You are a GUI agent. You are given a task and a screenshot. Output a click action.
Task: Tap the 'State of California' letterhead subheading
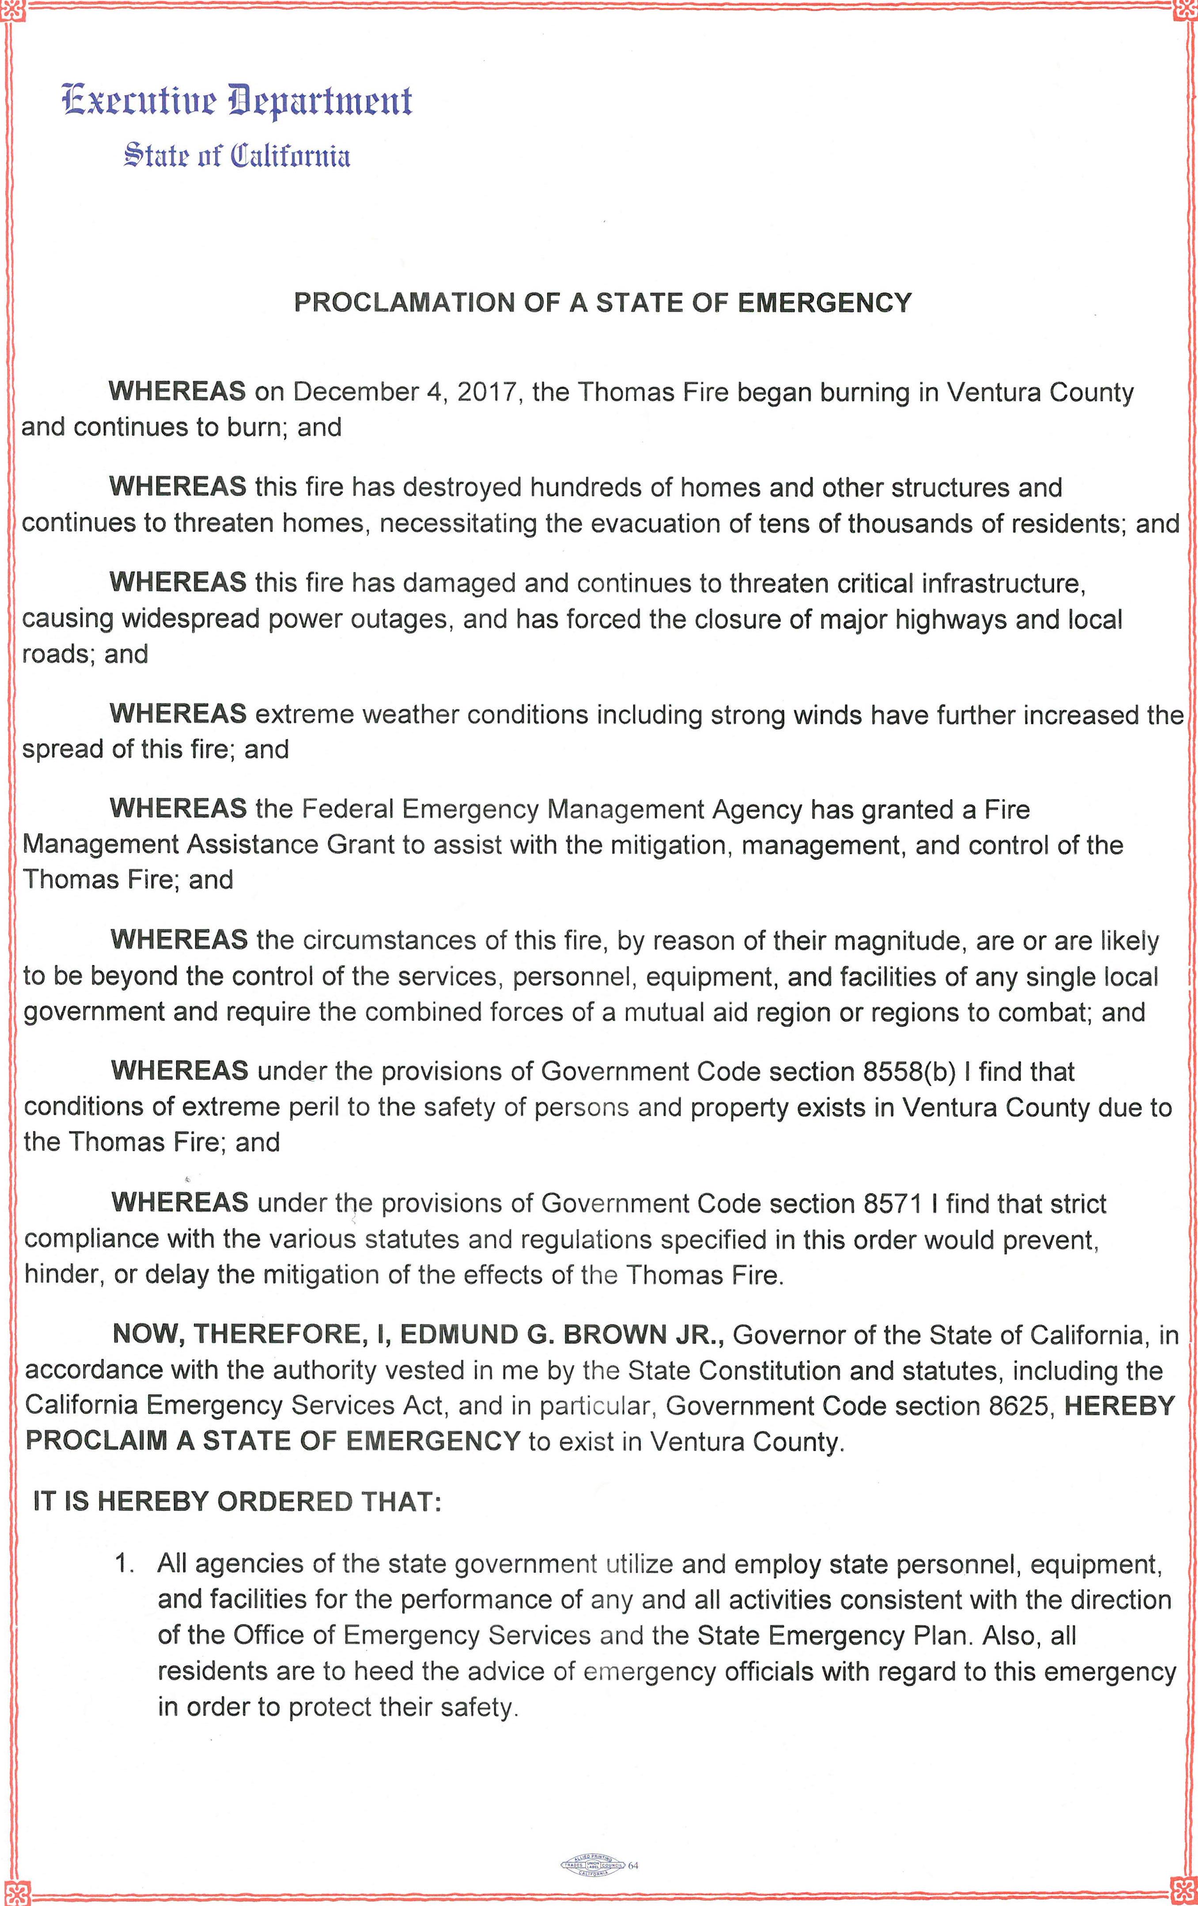point(236,156)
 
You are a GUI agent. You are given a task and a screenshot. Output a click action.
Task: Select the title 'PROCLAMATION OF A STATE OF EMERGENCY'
point(603,302)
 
